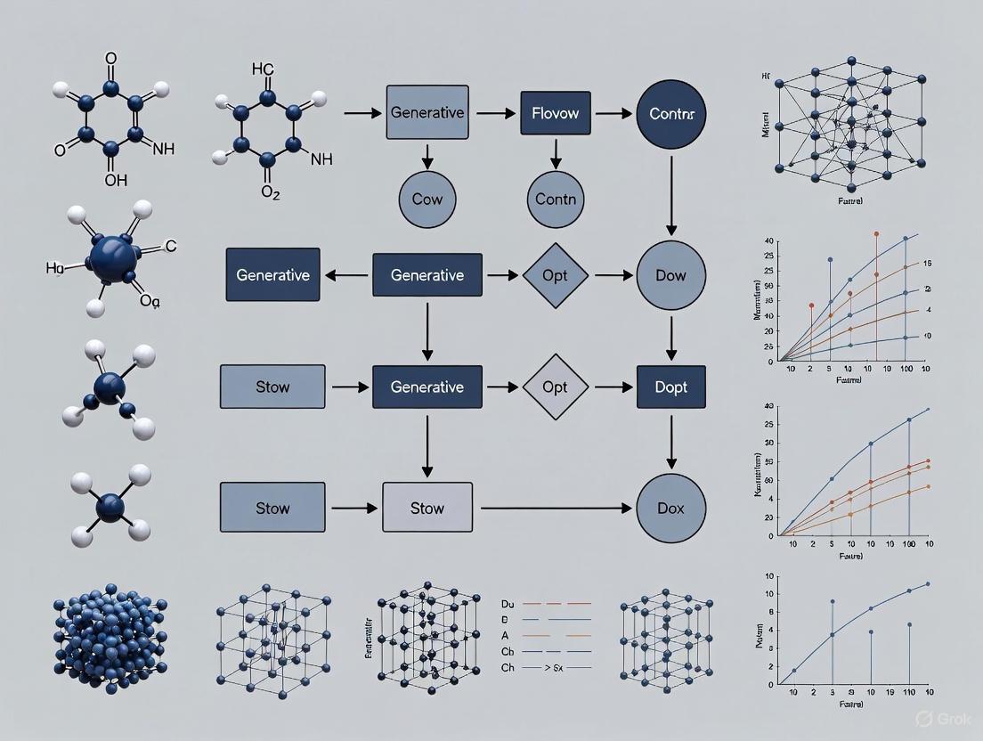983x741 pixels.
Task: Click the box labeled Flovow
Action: [555, 113]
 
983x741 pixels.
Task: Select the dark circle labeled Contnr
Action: [671, 113]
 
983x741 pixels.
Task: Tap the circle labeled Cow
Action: [427, 199]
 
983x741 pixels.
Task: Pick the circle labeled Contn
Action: [555, 199]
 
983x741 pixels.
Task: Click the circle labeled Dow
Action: [671, 275]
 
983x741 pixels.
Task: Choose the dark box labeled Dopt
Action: [671, 387]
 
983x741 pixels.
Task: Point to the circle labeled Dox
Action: [671, 509]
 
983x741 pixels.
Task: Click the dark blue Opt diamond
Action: [555, 275]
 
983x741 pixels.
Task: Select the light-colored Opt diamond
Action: [555, 387]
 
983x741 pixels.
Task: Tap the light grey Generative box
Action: [427, 113]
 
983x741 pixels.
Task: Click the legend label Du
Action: [508, 603]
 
